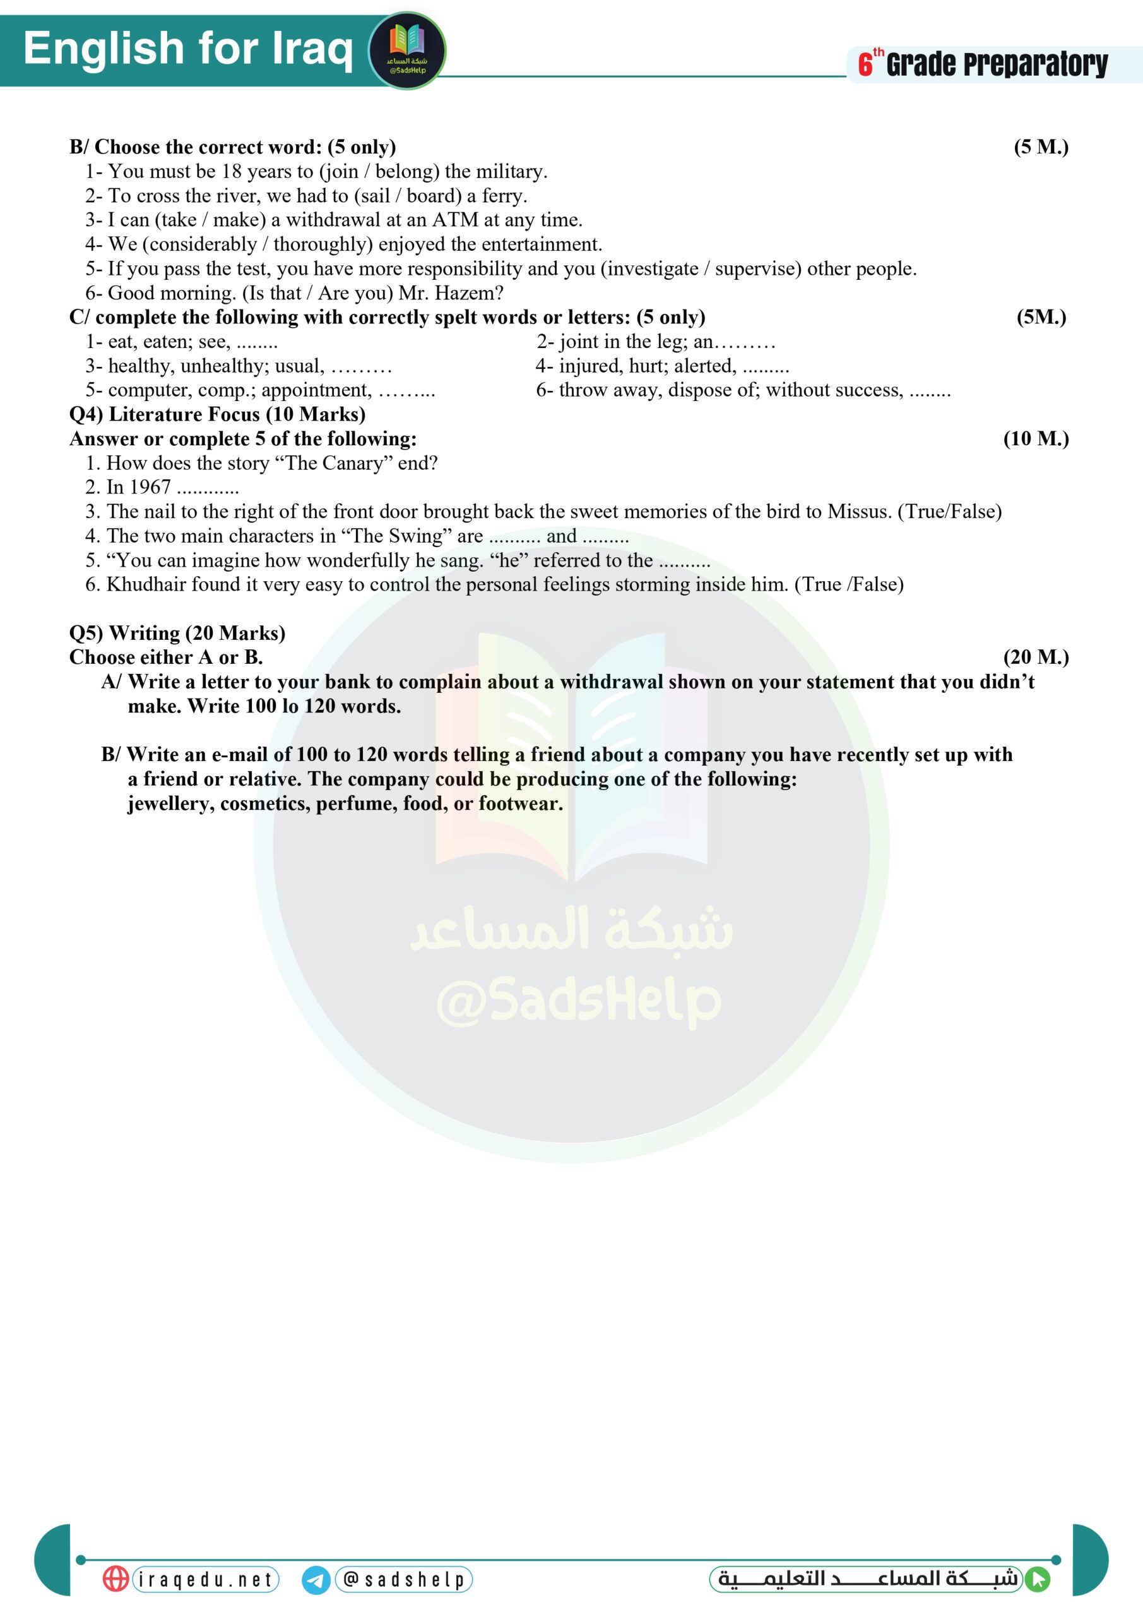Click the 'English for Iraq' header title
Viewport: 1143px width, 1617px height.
click(188, 49)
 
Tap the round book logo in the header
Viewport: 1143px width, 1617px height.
click(408, 51)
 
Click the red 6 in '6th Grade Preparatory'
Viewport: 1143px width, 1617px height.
click(865, 65)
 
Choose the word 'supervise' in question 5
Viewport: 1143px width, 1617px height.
click(756, 268)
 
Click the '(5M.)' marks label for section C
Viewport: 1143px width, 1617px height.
click(1041, 317)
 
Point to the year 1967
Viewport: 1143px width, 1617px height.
click(150, 488)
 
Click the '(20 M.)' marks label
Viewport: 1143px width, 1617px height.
click(1035, 657)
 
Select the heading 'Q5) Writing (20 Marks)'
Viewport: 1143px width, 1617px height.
click(177, 633)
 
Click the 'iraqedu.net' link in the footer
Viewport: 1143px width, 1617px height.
click(206, 1579)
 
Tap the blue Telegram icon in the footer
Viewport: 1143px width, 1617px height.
click(316, 1580)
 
